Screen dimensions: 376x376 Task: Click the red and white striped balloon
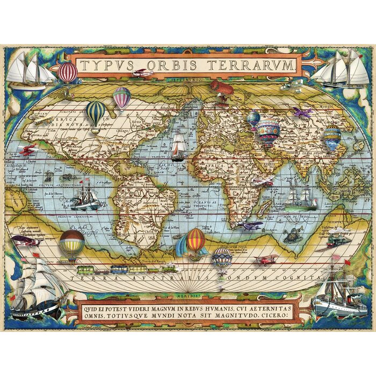pyautogui.click(x=68, y=72)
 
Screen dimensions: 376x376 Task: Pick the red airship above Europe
pyautogui.click(x=221, y=88)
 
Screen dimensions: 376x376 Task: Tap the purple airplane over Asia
pyautogui.click(x=302, y=113)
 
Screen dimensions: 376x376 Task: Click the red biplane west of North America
pyautogui.click(x=27, y=149)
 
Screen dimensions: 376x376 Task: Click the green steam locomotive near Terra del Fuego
pyautogui.click(x=164, y=268)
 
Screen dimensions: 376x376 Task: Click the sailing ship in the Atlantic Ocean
pyautogui.click(x=178, y=146)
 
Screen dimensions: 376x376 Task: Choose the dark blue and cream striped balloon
pyautogui.click(x=96, y=113)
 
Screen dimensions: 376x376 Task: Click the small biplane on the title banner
pyautogui.click(x=143, y=73)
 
